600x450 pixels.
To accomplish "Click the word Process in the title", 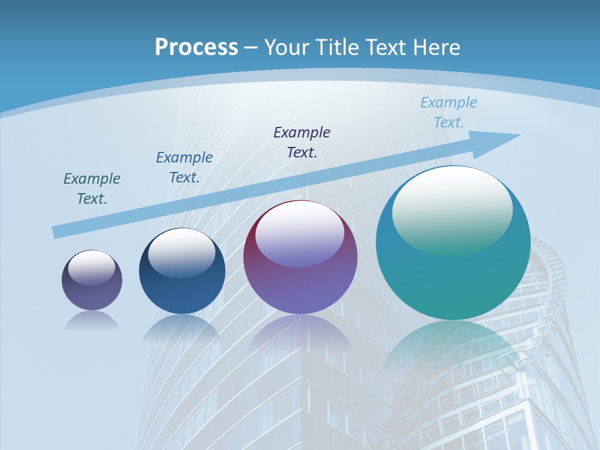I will point(196,47).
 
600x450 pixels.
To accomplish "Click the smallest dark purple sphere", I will point(92,294).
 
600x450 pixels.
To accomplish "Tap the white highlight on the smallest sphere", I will point(92,267).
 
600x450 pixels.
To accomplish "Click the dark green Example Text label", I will point(92,189).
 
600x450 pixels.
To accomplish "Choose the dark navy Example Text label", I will point(302,142).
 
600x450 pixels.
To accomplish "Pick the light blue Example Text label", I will point(448,112).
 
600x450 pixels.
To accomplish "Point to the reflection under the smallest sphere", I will point(92,321).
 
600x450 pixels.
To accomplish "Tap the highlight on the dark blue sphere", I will point(182,253).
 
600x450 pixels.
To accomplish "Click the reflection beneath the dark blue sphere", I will point(182,328).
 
